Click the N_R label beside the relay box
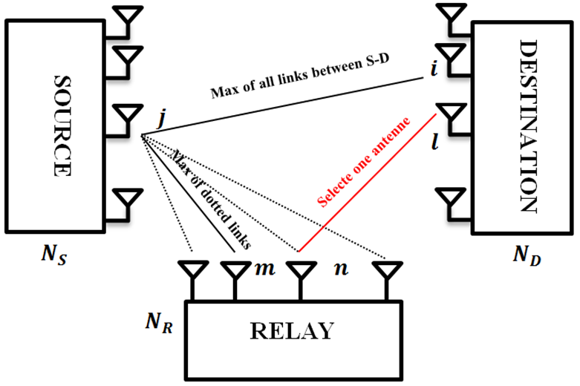point(160,324)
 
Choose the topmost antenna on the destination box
point(449,15)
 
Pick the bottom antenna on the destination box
point(449,199)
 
